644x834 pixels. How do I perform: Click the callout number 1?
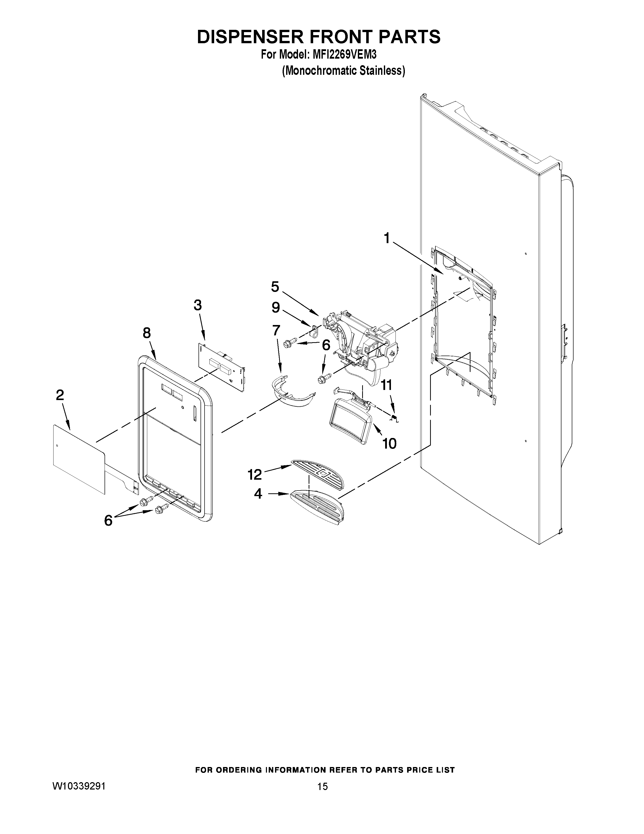coord(386,238)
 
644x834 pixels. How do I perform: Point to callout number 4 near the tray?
coord(258,494)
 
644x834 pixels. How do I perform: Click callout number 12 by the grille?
coord(255,475)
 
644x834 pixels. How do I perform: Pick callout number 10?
coord(389,443)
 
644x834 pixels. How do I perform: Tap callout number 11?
coord(386,385)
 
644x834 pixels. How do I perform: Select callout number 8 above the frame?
coord(146,333)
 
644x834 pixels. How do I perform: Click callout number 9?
coord(276,307)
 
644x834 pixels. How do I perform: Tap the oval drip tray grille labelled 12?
coord(318,474)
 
